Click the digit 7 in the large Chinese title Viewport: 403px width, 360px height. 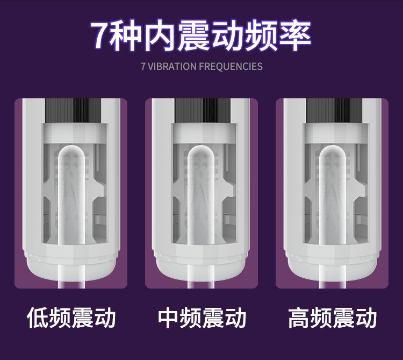pyautogui.click(x=101, y=35)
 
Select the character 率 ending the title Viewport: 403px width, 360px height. pyautogui.click(x=296, y=35)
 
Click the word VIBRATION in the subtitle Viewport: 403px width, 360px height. pyautogui.click(x=172, y=66)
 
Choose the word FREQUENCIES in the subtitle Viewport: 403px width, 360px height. pyautogui.click(x=231, y=66)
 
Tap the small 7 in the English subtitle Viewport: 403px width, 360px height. pyautogui.click(x=143, y=66)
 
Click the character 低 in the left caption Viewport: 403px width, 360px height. pyautogui.click(x=38, y=318)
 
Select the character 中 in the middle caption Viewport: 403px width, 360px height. pyautogui.click(x=168, y=318)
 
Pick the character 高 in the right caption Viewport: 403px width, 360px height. pyautogui.click(x=299, y=318)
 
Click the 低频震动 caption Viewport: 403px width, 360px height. pyautogui.click(x=71, y=318)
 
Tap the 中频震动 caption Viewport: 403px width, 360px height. pyautogui.click(x=202, y=318)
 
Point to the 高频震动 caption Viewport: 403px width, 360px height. pyautogui.click(x=333, y=318)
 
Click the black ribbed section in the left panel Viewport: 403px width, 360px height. pyautogui.click(x=74, y=111)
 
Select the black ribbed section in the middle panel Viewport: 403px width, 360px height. pyautogui.click(x=203, y=111)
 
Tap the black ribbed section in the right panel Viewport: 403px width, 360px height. pyautogui.click(x=334, y=111)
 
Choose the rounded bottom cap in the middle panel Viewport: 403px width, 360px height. pyautogui.click(x=201, y=269)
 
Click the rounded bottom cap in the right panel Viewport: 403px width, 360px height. pyautogui.click(x=333, y=269)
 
